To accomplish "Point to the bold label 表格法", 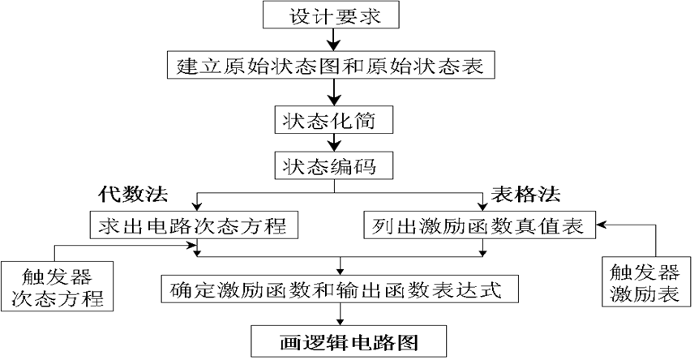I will coord(527,195).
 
